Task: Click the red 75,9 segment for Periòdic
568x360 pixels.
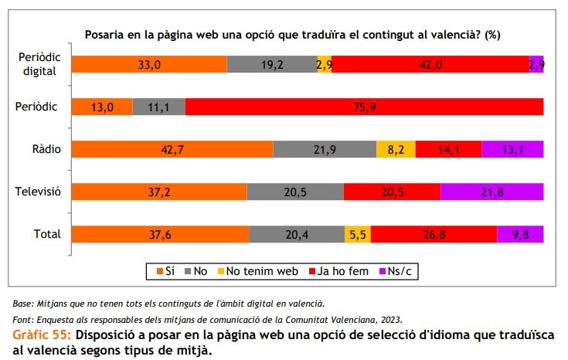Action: pos(364,107)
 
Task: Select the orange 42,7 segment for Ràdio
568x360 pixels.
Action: pos(172,149)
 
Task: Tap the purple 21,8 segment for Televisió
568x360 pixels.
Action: pos(492,192)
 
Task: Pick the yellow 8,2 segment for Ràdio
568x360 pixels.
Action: pos(396,149)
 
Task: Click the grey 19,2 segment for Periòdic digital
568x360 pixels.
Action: pos(272,65)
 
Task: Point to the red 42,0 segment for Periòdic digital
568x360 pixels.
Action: pos(430,65)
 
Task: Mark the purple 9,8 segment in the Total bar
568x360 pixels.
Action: pos(520,234)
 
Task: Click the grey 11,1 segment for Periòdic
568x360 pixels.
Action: pos(159,107)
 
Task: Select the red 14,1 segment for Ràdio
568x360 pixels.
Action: pos(448,149)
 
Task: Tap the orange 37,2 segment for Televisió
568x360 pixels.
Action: pos(159,192)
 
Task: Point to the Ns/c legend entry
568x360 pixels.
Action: pos(394,271)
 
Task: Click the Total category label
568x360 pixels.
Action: pos(46,234)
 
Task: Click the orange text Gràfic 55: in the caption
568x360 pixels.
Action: pos(42,335)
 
